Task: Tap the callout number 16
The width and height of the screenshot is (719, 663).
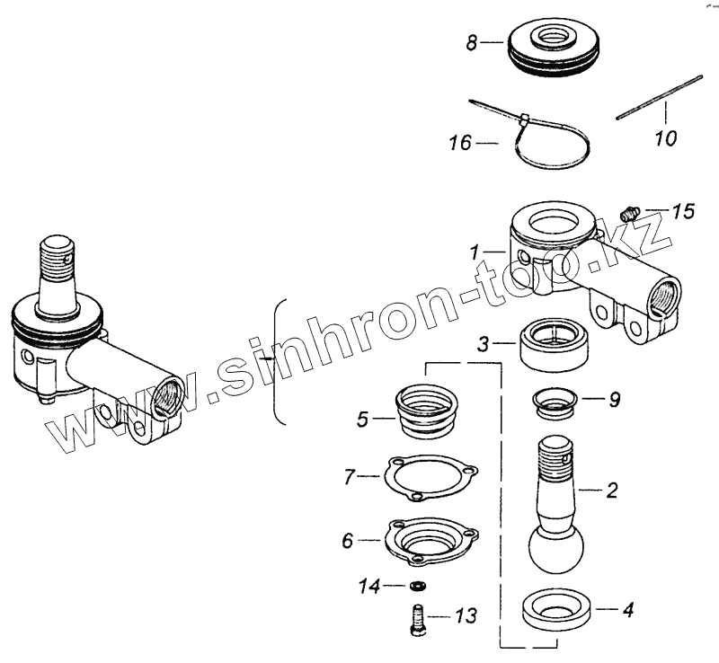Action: (x=461, y=141)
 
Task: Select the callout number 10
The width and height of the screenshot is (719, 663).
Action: (x=666, y=139)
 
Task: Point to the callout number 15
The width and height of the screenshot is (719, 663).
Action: (x=683, y=212)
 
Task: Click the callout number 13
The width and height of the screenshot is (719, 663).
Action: (x=466, y=617)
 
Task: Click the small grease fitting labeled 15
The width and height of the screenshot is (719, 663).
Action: (x=630, y=213)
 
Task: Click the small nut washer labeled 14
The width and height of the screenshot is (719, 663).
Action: (x=416, y=587)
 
